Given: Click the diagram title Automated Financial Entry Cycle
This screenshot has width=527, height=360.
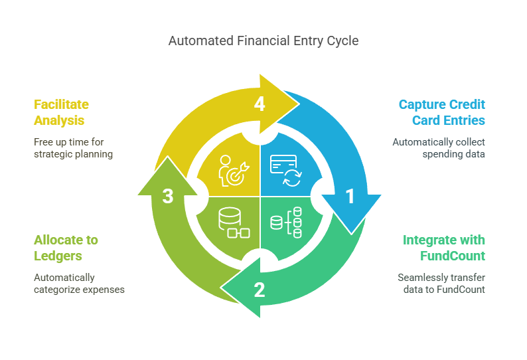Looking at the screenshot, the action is pos(263,41).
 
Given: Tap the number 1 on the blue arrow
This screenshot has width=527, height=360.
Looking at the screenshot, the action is pos(350,196).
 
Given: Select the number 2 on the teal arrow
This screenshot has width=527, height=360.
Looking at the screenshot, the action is pos(260,290).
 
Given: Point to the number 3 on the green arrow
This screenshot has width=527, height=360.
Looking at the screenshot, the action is pos(168,196).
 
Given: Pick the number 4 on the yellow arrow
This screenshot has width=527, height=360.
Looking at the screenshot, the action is pos(260,104).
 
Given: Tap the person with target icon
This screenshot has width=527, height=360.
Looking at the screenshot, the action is pos(234,170).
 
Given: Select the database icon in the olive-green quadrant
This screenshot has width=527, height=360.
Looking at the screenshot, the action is pos(234,223).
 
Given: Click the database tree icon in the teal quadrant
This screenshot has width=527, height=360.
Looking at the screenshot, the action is pos(286,223).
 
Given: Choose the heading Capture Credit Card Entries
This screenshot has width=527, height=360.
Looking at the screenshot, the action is pos(441,112).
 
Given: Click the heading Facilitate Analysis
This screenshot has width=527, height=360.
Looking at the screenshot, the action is pos(61,112).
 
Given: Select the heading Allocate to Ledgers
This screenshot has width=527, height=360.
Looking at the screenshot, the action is pos(66,248).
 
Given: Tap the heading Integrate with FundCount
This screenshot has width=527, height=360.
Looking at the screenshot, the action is pos(443,248).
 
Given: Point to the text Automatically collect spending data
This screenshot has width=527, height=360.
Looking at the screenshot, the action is pos(439,148).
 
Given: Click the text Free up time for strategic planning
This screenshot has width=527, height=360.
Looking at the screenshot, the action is pos(73,148).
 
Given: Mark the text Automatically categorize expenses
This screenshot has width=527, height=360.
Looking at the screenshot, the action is pos(80,284).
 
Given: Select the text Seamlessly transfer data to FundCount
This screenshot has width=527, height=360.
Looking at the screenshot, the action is pos(441,284).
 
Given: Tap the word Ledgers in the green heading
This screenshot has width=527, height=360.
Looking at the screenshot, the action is pos(58,256).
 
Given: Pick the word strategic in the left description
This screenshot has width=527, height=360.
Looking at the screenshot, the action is pos(53,154).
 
